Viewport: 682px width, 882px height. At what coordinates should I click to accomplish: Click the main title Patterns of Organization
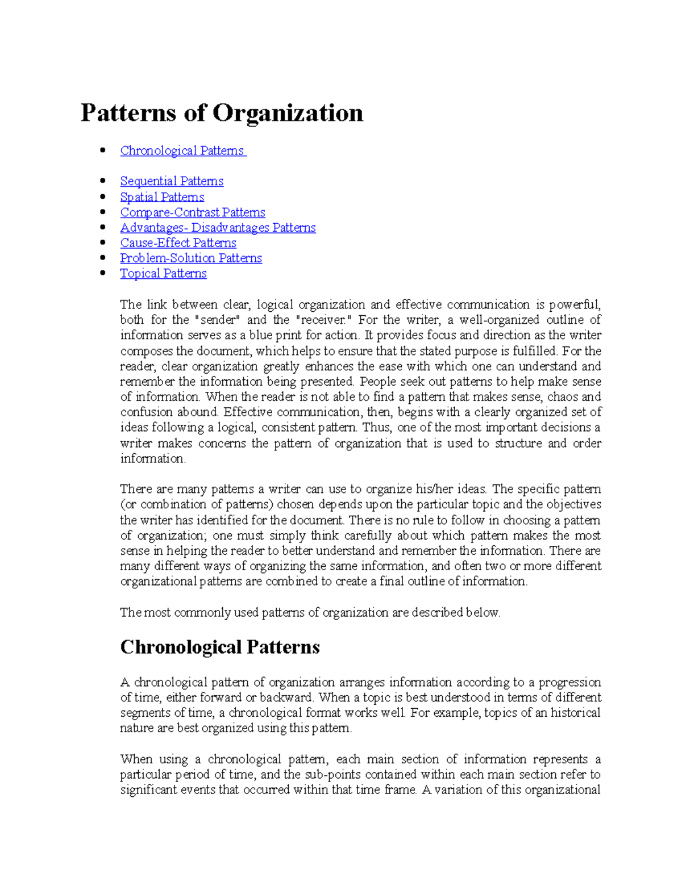pos(222,112)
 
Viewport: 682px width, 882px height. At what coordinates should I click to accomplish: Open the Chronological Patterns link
pos(182,151)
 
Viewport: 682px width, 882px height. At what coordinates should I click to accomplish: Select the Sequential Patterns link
pos(172,181)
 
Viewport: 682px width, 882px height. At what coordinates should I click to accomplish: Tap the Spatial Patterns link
pos(162,197)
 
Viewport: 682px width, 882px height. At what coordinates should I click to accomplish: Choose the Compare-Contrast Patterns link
pos(193,212)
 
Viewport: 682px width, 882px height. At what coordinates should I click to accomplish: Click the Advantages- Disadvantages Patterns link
pos(218,228)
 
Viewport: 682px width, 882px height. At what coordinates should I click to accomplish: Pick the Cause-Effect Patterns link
pos(178,243)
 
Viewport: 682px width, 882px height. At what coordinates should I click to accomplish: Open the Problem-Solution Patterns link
pos(191,258)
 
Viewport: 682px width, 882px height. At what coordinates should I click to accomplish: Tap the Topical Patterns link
pos(163,274)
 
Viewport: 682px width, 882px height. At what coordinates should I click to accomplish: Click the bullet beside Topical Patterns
pos(103,273)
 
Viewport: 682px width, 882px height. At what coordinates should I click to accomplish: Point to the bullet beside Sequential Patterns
pos(103,181)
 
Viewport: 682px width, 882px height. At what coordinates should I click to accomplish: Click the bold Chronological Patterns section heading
pos(220,647)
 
